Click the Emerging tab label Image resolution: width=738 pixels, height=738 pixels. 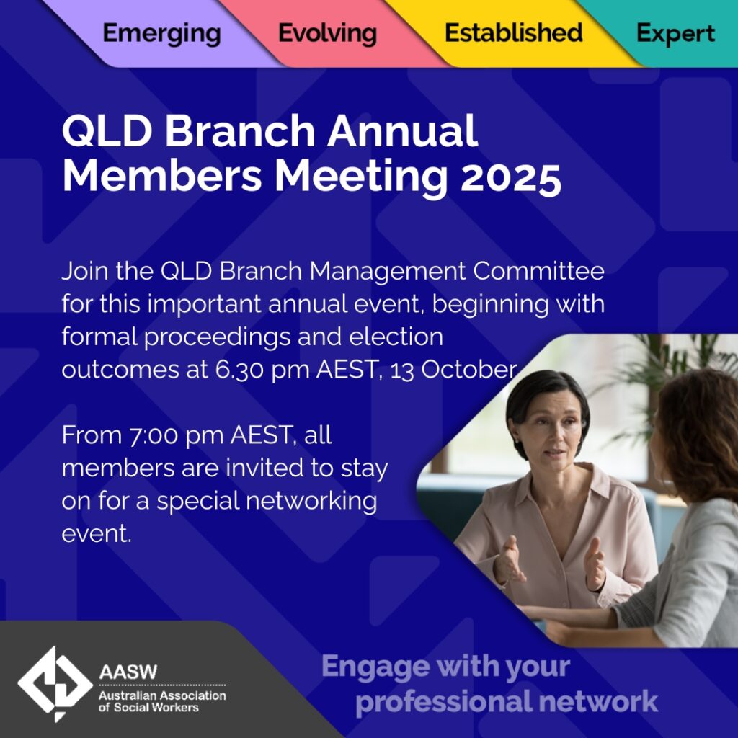(x=161, y=33)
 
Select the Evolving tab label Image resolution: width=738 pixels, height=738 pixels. (x=327, y=33)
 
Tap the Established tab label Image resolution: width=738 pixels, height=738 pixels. (x=513, y=33)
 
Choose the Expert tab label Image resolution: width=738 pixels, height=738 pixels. (x=675, y=33)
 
